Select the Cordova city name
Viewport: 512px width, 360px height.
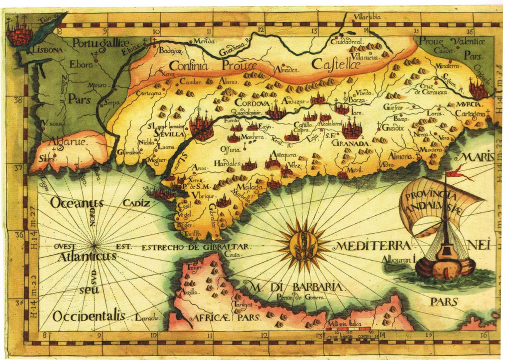[x=251, y=102]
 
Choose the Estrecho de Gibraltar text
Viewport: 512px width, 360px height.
[x=195, y=247]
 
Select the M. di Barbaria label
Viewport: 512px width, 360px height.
[x=292, y=287]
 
